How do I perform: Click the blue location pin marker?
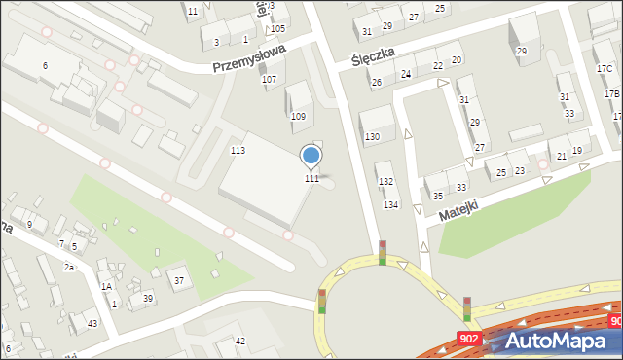311,156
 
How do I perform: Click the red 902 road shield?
468,337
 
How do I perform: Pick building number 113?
238,150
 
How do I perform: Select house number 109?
298,117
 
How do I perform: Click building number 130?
372,137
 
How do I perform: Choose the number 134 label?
390,204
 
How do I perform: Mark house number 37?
179,280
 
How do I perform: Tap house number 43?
92,323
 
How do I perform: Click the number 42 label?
240,341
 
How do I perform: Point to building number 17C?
604,69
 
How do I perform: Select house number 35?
438,196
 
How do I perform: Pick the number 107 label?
270,79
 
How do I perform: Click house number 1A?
106,286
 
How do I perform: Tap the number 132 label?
385,182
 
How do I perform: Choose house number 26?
376,83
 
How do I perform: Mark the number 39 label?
148,298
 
